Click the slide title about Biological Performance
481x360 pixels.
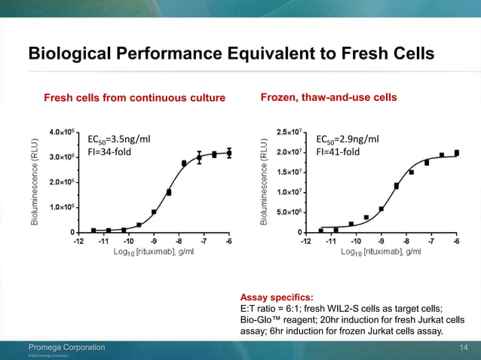tap(231, 54)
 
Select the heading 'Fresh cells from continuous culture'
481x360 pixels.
tap(135, 98)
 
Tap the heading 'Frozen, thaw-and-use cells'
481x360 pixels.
tap(328, 98)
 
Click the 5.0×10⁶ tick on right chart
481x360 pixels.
tap(290, 212)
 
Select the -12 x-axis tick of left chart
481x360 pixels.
tap(78, 241)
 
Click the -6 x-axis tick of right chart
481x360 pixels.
tap(456, 241)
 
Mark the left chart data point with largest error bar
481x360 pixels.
tap(199, 157)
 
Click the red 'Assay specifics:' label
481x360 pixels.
tap(271, 297)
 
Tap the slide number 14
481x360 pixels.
tap(464, 346)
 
